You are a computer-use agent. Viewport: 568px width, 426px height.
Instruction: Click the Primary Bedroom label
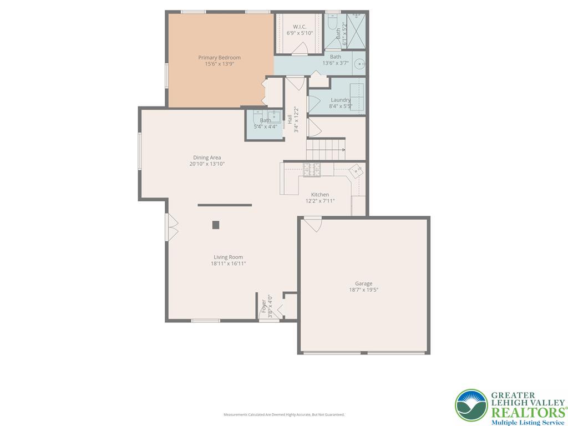[219, 58]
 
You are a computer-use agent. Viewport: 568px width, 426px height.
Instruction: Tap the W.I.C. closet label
[300, 27]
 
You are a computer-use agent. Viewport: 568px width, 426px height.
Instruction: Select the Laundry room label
[340, 100]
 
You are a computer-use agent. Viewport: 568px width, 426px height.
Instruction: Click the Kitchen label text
[319, 195]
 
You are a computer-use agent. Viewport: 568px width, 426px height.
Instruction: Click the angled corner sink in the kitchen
[356, 170]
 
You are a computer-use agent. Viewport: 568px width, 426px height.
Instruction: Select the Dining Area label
[207, 158]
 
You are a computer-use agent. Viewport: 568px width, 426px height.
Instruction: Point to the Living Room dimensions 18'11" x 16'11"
[228, 263]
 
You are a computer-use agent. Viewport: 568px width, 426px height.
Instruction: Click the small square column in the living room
[216, 225]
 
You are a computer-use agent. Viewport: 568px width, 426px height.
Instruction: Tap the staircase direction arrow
[343, 150]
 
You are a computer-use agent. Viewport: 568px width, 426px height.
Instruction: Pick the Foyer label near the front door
[264, 306]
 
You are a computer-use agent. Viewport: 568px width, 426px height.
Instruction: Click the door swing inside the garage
[313, 224]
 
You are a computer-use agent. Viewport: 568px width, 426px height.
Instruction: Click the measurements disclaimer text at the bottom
[284, 414]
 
